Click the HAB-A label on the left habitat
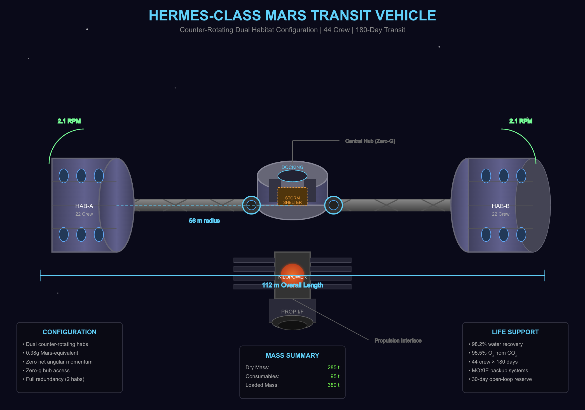[x=84, y=206]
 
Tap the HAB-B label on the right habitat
[x=500, y=206]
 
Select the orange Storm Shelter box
[x=292, y=197]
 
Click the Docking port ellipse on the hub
[x=292, y=176]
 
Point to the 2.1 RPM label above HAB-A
[x=69, y=121]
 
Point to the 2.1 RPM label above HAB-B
[x=521, y=121]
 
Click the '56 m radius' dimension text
[x=204, y=221]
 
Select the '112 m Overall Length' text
[x=292, y=285]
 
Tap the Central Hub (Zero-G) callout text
[x=370, y=141]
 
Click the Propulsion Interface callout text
[x=398, y=341]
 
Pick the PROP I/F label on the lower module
[x=292, y=312]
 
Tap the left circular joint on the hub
[x=251, y=205]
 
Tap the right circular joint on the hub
[x=333, y=205]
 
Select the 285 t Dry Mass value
[x=333, y=367]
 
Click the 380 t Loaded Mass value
[x=333, y=385]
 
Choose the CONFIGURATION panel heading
[x=69, y=332]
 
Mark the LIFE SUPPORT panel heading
[x=515, y=332]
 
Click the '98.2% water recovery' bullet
[x=497, y=344]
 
